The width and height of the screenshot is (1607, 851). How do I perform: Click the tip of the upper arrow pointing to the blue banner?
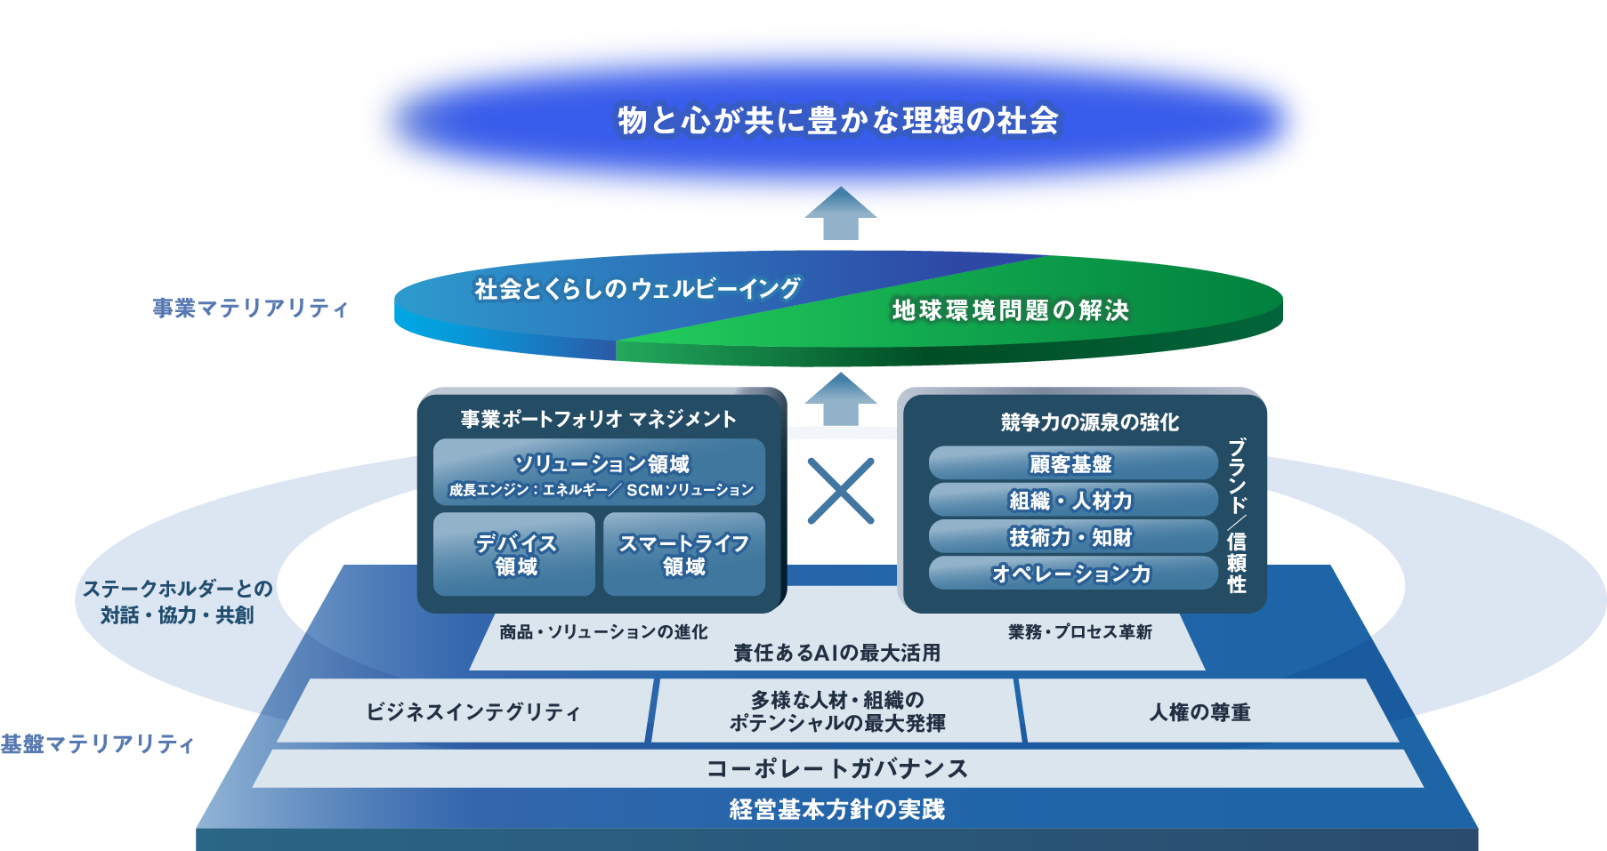click(841, 187)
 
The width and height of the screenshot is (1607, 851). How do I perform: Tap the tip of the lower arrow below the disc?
click(841, 373)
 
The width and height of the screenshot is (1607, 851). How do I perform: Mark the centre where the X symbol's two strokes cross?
click(841, 491)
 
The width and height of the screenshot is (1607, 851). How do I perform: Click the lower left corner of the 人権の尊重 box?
click(1027, 743)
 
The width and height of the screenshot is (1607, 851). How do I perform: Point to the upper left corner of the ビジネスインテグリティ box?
click(308, 679)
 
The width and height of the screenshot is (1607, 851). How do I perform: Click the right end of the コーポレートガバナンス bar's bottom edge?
click(1424, 787)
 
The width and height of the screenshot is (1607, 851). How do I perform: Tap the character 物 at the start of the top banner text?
click(633, 120)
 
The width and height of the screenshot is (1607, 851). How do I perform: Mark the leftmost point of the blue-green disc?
click(394, 308)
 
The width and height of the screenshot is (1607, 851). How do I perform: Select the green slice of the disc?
click(979, 311)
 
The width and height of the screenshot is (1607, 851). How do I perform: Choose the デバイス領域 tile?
click(514, 554)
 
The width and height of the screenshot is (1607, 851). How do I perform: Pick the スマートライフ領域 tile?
click(684, 554)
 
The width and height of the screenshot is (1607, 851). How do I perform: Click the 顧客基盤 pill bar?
click(1072, 463)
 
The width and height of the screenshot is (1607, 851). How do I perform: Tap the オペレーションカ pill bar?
click(1072, 574)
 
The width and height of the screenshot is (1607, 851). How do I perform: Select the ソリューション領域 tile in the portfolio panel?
click(599, 472)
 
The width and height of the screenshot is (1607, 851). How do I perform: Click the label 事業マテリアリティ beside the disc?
click(250, 308)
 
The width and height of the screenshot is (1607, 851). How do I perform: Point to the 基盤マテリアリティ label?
click(97, 743)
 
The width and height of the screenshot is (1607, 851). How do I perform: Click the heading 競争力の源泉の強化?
click(1090, 422)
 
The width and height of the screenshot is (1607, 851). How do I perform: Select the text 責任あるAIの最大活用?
click(836, 653)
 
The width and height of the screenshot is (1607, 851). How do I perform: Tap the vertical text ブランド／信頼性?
click(1237, 516)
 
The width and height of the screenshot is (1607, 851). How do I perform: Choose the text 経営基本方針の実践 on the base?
click(837, 809)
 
